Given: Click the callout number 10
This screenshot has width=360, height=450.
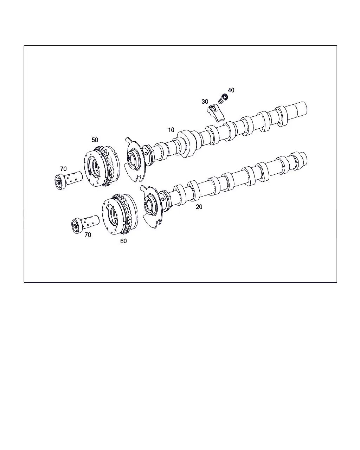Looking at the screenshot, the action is (171, 130).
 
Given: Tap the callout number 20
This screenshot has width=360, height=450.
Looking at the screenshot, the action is (199, 207).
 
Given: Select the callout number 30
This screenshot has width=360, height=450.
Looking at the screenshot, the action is (205, 102).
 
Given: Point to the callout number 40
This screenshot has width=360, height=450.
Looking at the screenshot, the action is (231, 90).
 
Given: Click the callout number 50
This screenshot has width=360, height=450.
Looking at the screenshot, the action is (95, 140).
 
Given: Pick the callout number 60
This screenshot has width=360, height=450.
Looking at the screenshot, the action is (123, 241).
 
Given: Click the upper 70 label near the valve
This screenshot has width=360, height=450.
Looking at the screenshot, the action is (63, 169).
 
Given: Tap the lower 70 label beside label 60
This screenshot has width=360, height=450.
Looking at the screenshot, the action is (88, 235).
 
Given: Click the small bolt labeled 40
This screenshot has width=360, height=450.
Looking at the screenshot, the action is (223, 98).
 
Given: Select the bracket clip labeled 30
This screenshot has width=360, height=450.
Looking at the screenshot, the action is (216, 113).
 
